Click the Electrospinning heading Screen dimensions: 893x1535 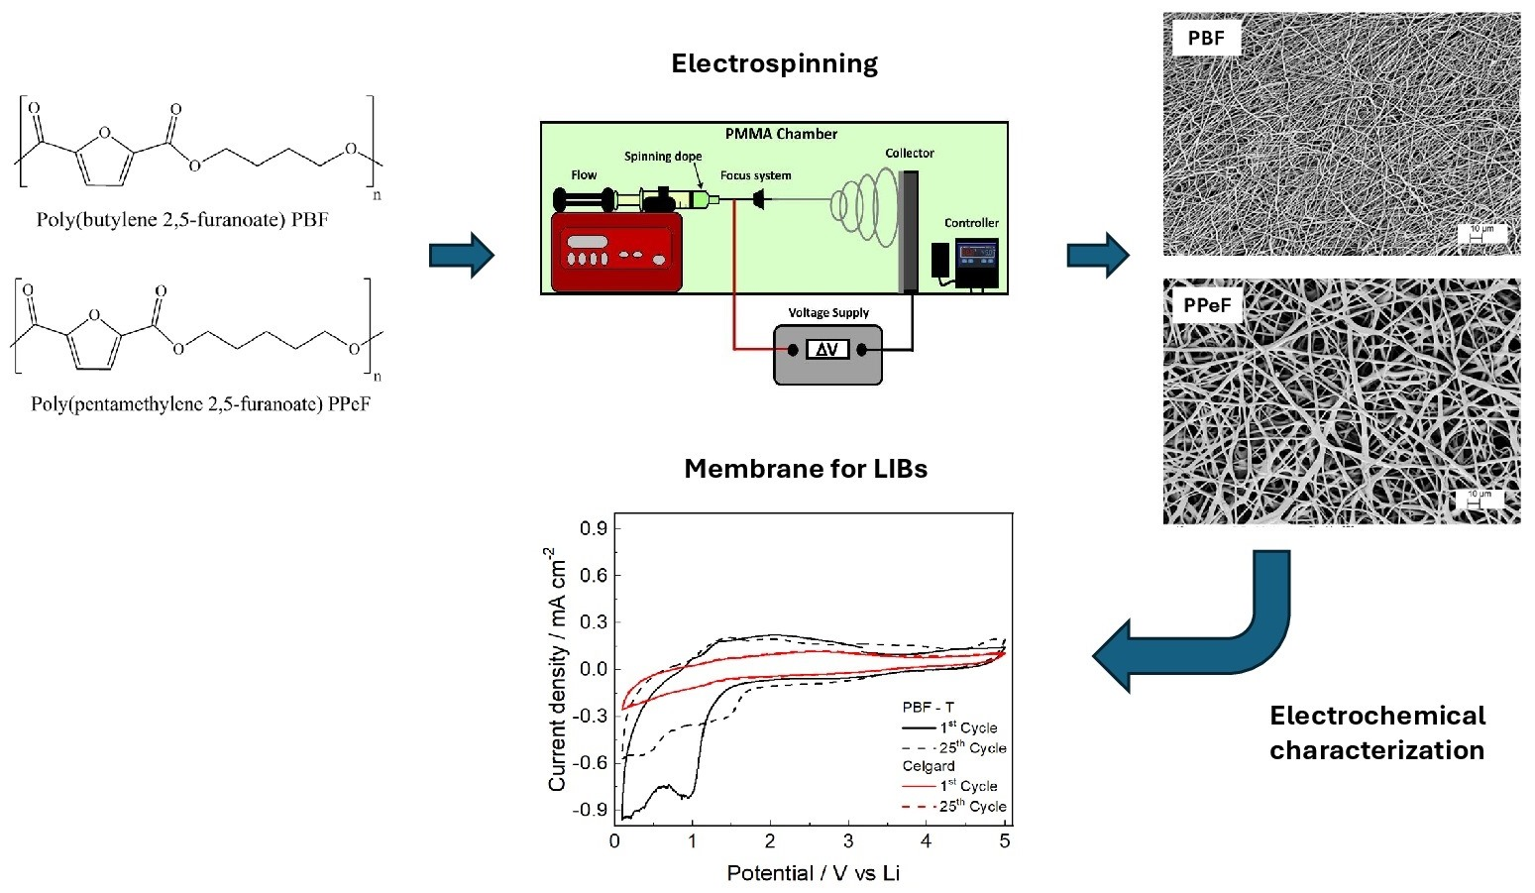[774, 64]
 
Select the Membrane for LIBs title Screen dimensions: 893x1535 [806, 469]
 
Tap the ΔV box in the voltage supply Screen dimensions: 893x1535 [826, 350]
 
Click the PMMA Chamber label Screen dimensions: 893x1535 [781, 134]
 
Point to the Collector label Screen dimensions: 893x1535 [909, 154]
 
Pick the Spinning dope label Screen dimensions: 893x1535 [662, 157]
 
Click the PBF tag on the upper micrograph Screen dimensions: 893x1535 [1205, 39]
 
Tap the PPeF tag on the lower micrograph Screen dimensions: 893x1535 [1207, 305]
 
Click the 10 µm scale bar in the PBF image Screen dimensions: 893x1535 [1480, 234]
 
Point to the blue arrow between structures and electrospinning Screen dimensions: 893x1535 [461, 255]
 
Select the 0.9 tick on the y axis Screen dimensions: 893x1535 [594, 528]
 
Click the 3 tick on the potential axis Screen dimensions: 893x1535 [848, 841]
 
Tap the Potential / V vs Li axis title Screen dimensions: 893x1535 [813, 873]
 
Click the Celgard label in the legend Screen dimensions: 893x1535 [928, 766]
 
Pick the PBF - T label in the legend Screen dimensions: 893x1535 [928, 708]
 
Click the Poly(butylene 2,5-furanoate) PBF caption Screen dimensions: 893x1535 [181, 220]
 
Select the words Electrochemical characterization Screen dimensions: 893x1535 [1376, 732]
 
